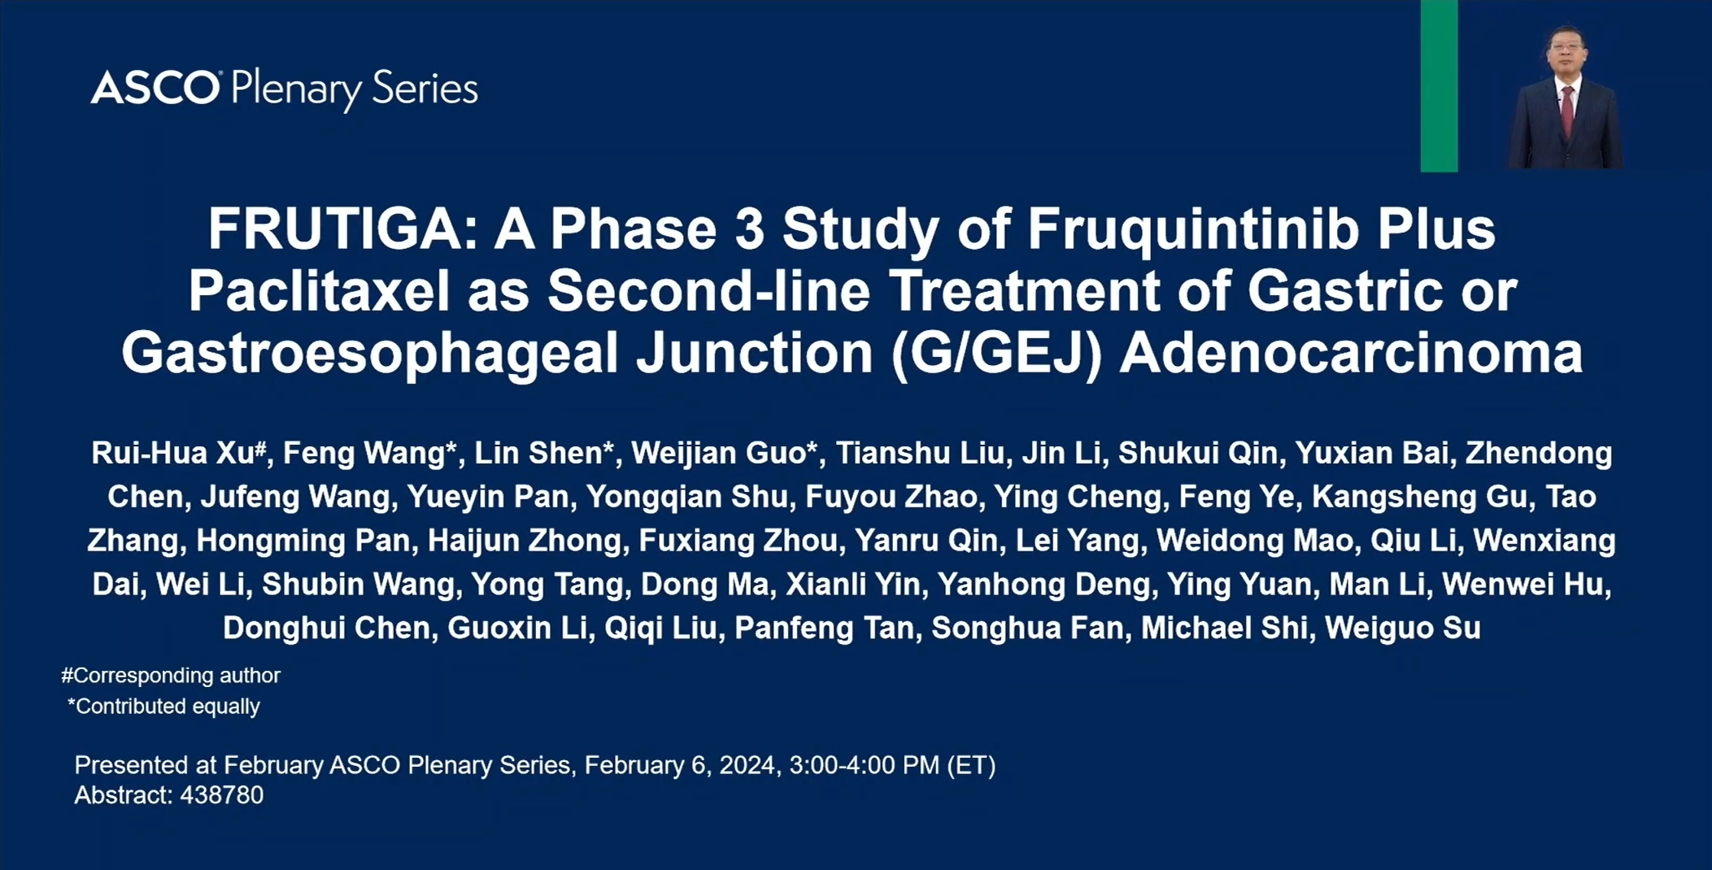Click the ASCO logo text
[x=155, y=87]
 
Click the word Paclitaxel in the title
[x=319, y=290]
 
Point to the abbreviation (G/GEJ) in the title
[x=996, y=355]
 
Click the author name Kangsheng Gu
[x=1420, y=497]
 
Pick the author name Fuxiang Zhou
[x=738, y=541]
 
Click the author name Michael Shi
[x=1224, y=629]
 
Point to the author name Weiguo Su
[x=1403, y=629]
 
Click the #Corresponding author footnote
[x=171, y=676]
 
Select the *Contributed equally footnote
[x=163, y=707]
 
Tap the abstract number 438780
[x=222, y=795]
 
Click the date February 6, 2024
[x=679, y=766]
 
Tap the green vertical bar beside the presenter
[x=1439, y=85]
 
